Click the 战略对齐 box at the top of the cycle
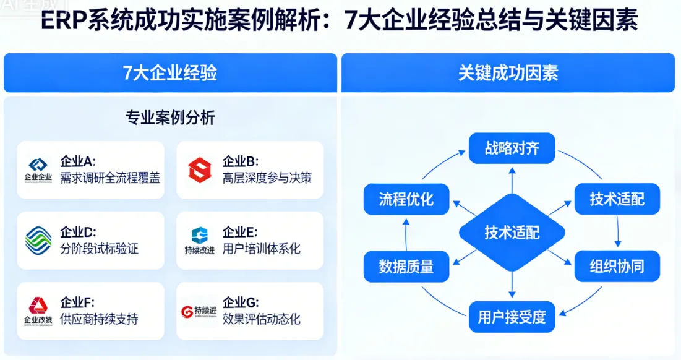pyautogui.click(x=512, y=149)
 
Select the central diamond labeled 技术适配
pyautogui.click(x=512, y=232)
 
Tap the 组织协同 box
pyautogui.click(x=617, y=266)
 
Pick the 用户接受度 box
pyautogui.click(x=512, y=317)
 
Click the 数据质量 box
pyautogui.click(x=406, y=266)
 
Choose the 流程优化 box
pyautogui.click(x=406, y=199)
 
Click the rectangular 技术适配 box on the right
pyautogui.click(x=617, y=199)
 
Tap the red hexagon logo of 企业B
pyautogui.click(x=200, y=170)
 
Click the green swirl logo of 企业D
pyautogui.click(x=38, y=240)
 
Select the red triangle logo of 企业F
pyautogui.click(x=38, y=305)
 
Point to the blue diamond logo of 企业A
pyautogui.click(x=38, y=165)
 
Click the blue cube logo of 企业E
pyautogui.click(x=200, y=235)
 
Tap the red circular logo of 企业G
pyautogui.click(x=187, y=311)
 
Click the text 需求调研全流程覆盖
pyautogui.click(x=110, y=178)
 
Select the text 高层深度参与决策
pyautogui.click(x=267, y=178)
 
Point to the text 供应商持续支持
pyautogui.click(x=99, y=319)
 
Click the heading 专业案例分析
pyautogui.click(x=170, y=118)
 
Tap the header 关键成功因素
pyautogui.click(x=508, y=73)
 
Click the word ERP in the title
pyautogui.click(x=63, y=22)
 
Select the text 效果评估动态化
pyautogui.click(x=261, y=319)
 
